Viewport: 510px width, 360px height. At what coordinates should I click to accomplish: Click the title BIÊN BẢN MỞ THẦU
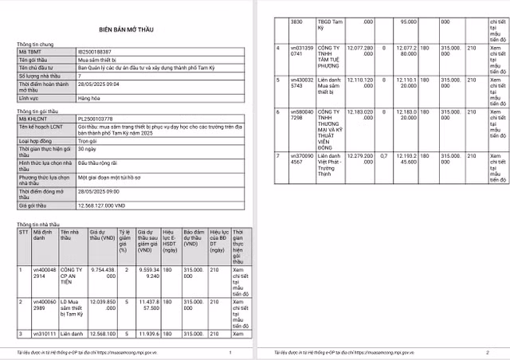[127, 26]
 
